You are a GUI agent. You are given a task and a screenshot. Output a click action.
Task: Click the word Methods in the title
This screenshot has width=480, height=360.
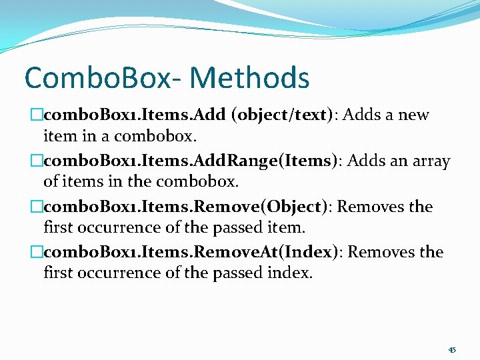pyautogui.click(x=249, y=77)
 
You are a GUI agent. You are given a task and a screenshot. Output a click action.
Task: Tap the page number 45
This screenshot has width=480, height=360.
pyautogui.click(x=452, y=350)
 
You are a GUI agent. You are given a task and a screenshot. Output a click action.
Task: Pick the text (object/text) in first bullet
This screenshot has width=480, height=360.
pyautogui.click(x=281, y=115)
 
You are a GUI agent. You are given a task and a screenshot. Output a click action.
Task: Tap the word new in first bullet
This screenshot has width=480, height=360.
pyautogui.click(x=413, y=115)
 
